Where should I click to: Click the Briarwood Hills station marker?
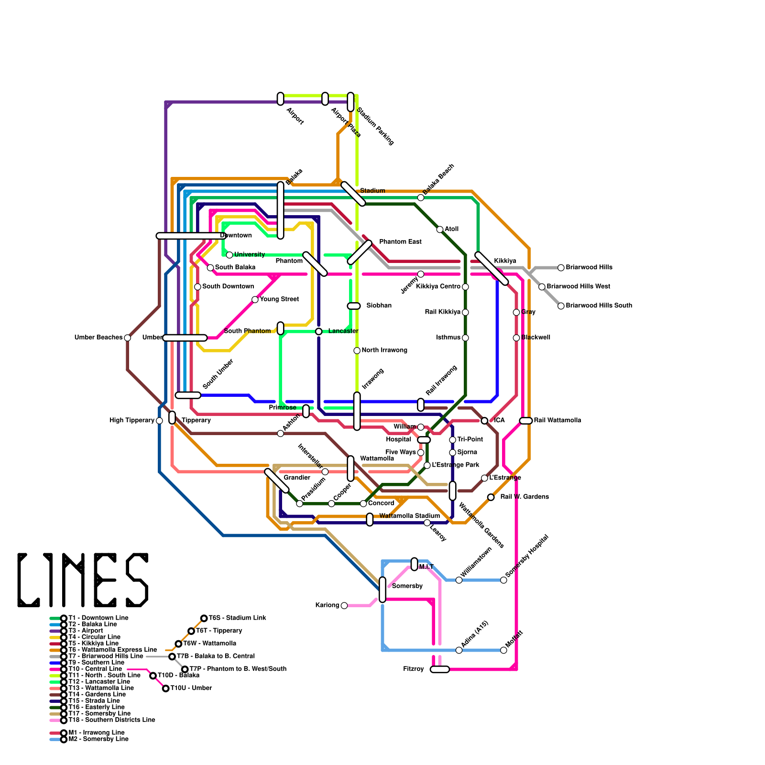(x=561, y=268)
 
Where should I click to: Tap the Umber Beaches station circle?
(x=127, y=338)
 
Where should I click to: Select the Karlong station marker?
(x=344, y=606)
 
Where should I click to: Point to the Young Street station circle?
(x=255, y=300)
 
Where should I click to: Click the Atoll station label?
(x=451, y=229)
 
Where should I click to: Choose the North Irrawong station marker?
(x=357, y=351)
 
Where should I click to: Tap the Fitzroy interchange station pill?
(x=440, y=669)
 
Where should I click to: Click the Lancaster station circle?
(x=318, y=332)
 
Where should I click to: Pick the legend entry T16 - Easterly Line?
(x=96, y=707)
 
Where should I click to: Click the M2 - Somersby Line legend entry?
(x=98, y=739)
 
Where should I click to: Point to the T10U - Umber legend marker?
(x=165, y=688)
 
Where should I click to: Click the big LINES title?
(x=83, y=580)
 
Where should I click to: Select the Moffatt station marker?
(x=503, y=650)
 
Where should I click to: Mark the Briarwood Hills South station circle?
(x=561, y=306)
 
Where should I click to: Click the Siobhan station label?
(x=379, y=306)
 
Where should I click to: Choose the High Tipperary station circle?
(x=159, y=421)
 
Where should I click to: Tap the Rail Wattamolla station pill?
(x=525, y=421)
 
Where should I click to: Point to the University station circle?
(x=229, y=255)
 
